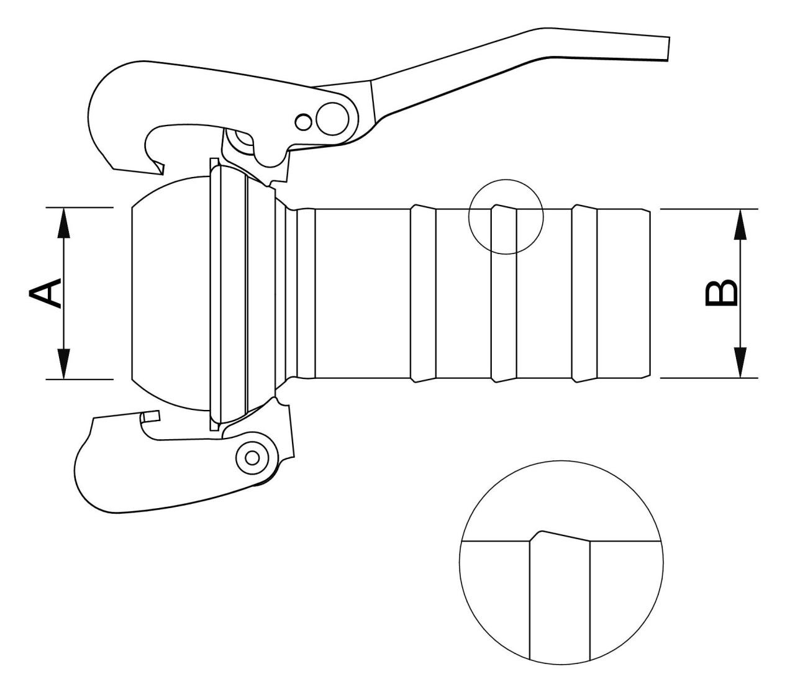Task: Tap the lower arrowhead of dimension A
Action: click(x=63, y=363)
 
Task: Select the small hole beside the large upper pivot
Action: click(x=303, y=122)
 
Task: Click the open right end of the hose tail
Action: click(x=650, y=293)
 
